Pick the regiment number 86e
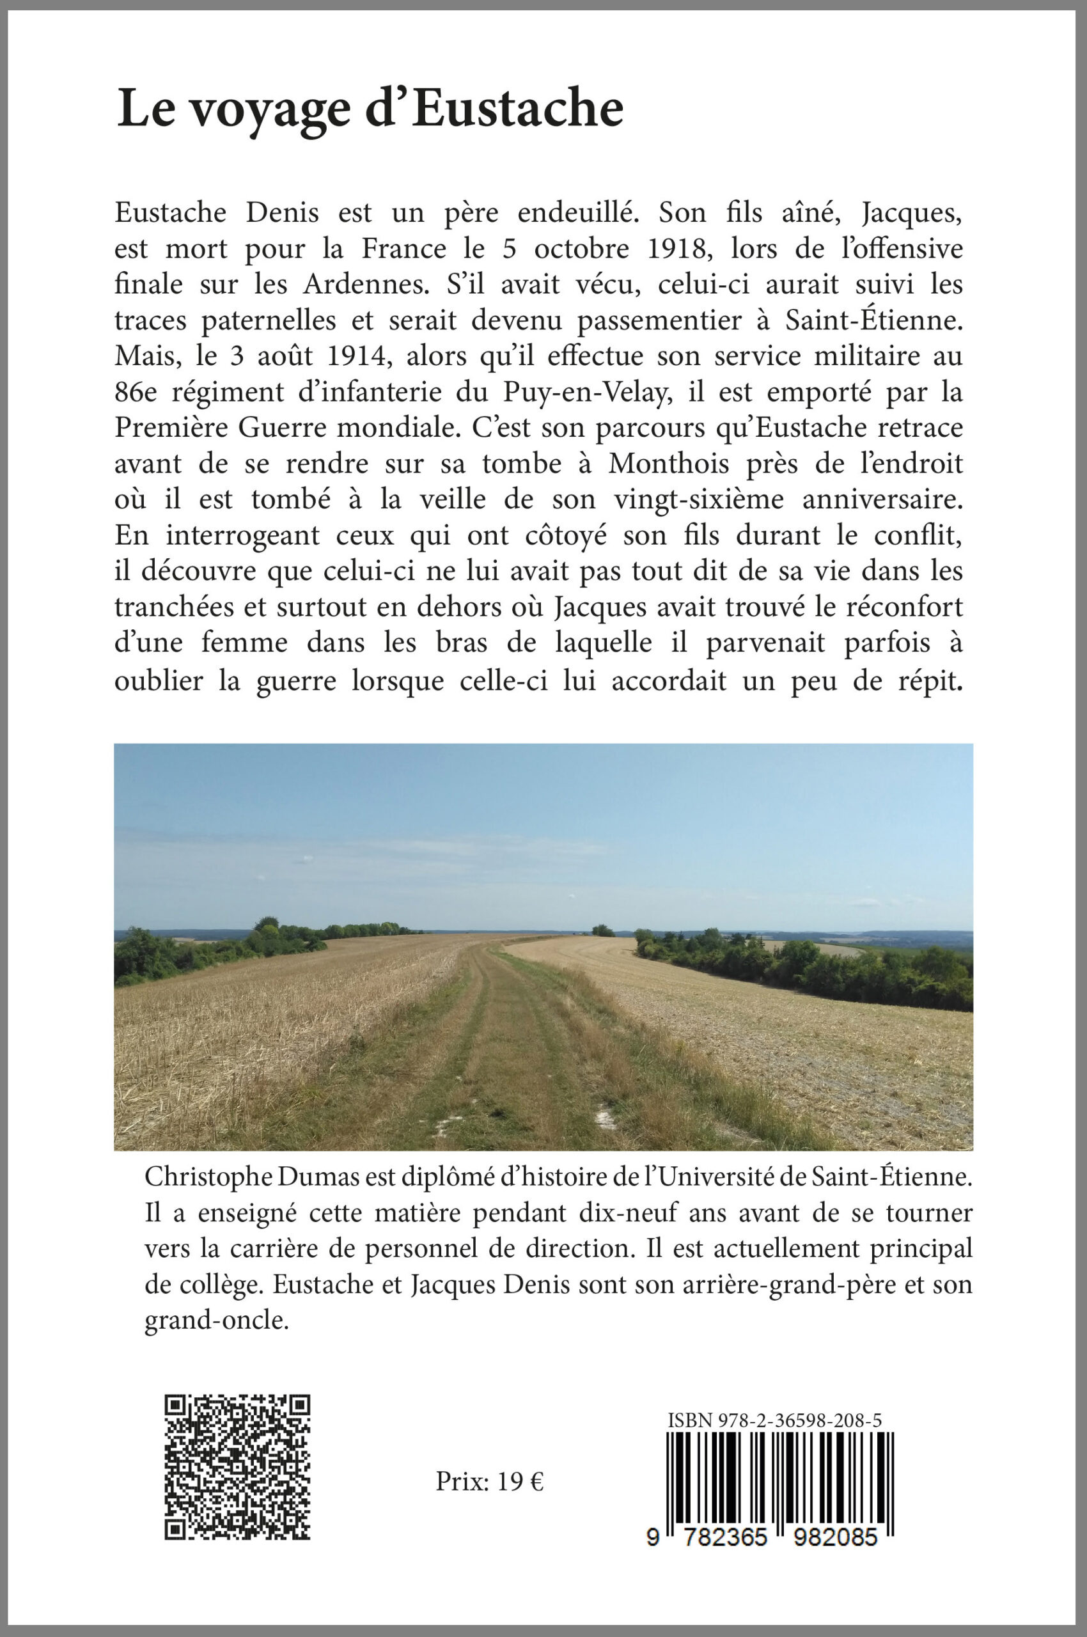[x=136, y=393]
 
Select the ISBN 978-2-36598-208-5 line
[x=774, y=1415]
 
